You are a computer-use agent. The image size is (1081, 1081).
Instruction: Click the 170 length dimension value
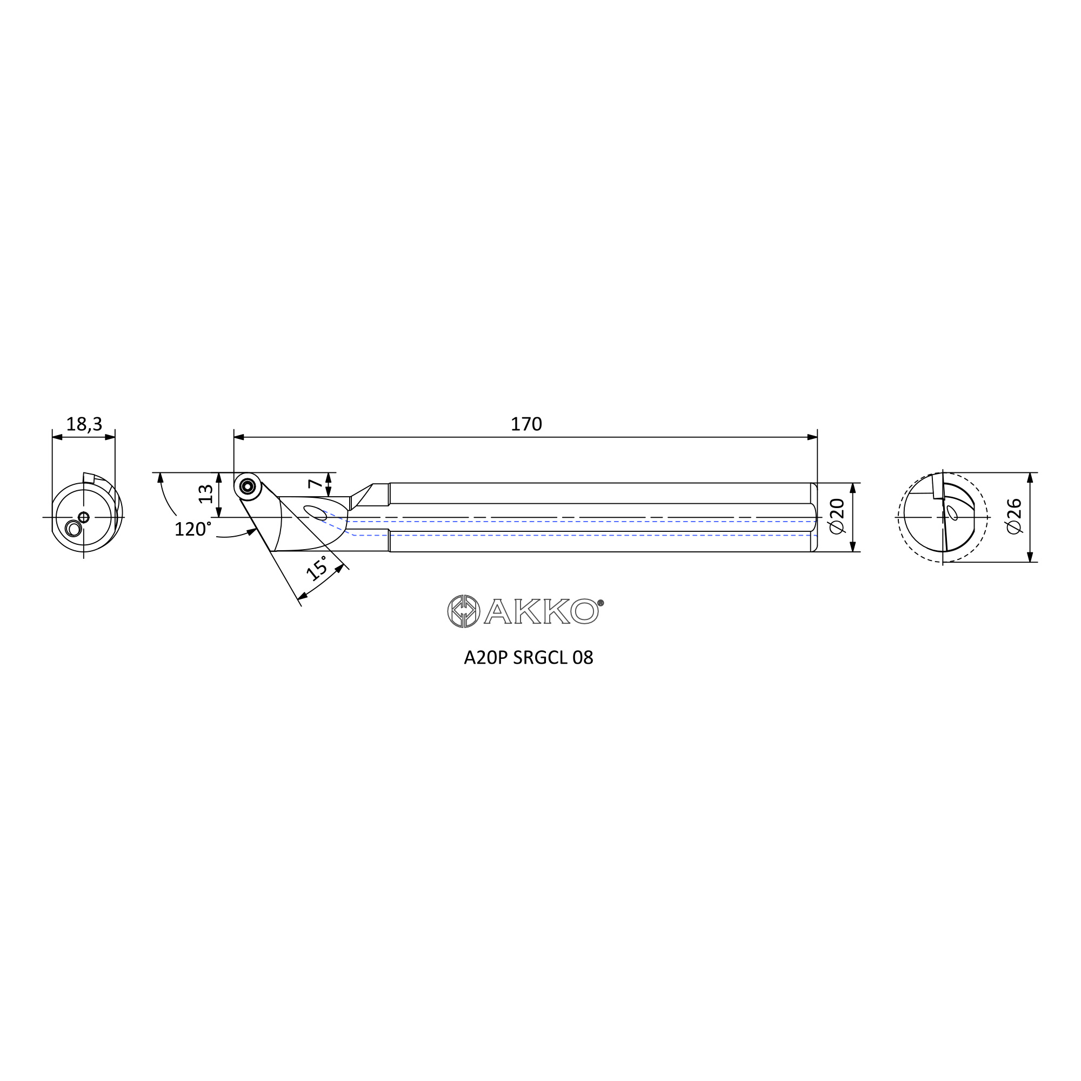pyautogui.click(x=526, y=425)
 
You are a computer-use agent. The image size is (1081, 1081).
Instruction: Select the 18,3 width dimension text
pyautogui.click(x=84, y=425)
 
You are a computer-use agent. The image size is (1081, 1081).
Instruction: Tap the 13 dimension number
pyautogui.click(x=206, y=493)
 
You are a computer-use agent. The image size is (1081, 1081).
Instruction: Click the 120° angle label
pyautogui.click(x=193, y=529)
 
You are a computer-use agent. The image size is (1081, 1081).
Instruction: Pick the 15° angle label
pyautogui.click(x=317, y=568)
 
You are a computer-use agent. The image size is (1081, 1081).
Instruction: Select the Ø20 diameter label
pyautogui.click(x=837, y=517)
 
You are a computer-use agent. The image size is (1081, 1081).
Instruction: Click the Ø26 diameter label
pyautogui.click(x=1014, y=516)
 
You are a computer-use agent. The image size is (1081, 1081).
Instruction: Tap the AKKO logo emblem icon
pyautogui.click(x=463, y=611)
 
